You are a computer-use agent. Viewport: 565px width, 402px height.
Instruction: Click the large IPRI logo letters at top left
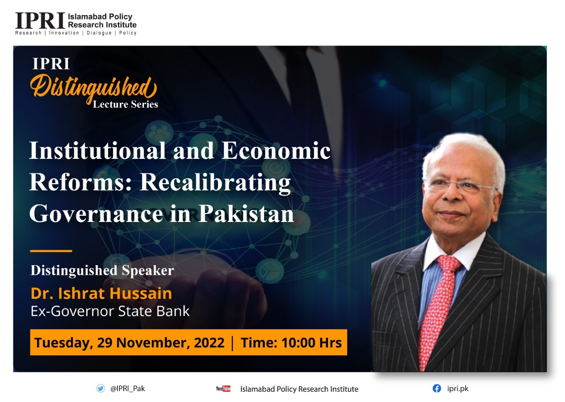pos(40,21)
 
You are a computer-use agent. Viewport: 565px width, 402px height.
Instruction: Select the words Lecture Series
pos(125,104)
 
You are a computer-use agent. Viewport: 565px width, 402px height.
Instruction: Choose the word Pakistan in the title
pos(246,214)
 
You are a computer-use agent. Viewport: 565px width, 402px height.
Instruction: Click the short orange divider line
pos(51,251)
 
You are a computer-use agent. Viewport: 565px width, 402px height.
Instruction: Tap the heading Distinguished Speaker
pos(102,271)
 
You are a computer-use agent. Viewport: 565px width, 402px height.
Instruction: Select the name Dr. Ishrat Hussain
pos(101,293)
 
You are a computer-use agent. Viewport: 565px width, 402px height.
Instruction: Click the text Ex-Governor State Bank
pos(110,311)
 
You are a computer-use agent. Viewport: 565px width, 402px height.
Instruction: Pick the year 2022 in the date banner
pos(209,342)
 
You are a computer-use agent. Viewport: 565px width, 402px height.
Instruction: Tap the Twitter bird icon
pos(101,388)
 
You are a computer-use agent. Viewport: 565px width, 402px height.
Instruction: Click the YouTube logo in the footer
pos(223,389)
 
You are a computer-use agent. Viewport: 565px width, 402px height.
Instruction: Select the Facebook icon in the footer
pos(437,388)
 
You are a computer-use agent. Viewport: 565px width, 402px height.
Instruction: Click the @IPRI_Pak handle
pos(128,388)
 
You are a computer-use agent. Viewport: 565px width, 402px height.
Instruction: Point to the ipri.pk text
pos(458,389)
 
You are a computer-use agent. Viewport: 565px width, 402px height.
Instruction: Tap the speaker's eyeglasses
pos(460,185)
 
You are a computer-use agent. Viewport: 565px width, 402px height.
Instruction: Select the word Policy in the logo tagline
pos(128,33)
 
